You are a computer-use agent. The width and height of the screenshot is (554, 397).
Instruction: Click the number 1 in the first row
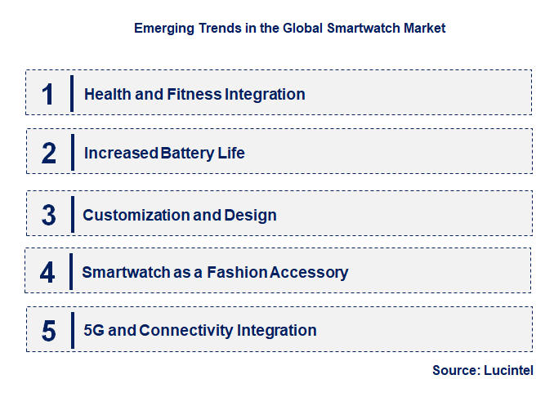click(x=48, y=94)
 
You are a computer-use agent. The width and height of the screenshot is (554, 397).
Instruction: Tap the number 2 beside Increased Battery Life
click(x=49, y=153)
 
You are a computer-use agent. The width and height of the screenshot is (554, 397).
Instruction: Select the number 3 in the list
click(x=49, y=215)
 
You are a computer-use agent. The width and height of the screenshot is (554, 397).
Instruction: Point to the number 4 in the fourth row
click(x=47, y=272)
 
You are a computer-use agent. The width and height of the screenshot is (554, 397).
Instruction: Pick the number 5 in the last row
click(x=49, y=331)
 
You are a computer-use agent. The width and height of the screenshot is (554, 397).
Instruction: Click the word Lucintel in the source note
click(x=510, y=370)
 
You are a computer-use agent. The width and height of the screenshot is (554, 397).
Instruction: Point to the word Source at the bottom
click(x=455, y=370)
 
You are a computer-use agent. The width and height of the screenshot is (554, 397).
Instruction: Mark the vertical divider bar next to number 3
click(x=72, y=215)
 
